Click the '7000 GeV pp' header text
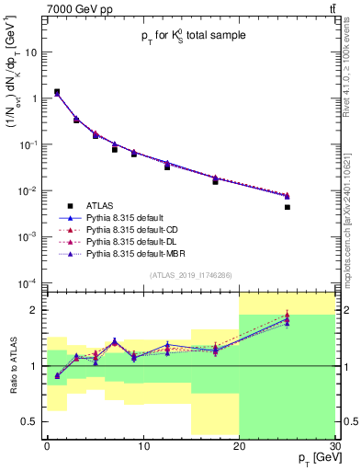pyautogui.click(x=78, y=9)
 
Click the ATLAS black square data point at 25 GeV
pyautogui.click(x=287, y=207)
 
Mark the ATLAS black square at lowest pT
pyautogui.click(x=57, y=92)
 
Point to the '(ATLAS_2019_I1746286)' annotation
pyautogui.click(x=189, y=275)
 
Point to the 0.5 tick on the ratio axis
pyautogui.click(x=33, y=421)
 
